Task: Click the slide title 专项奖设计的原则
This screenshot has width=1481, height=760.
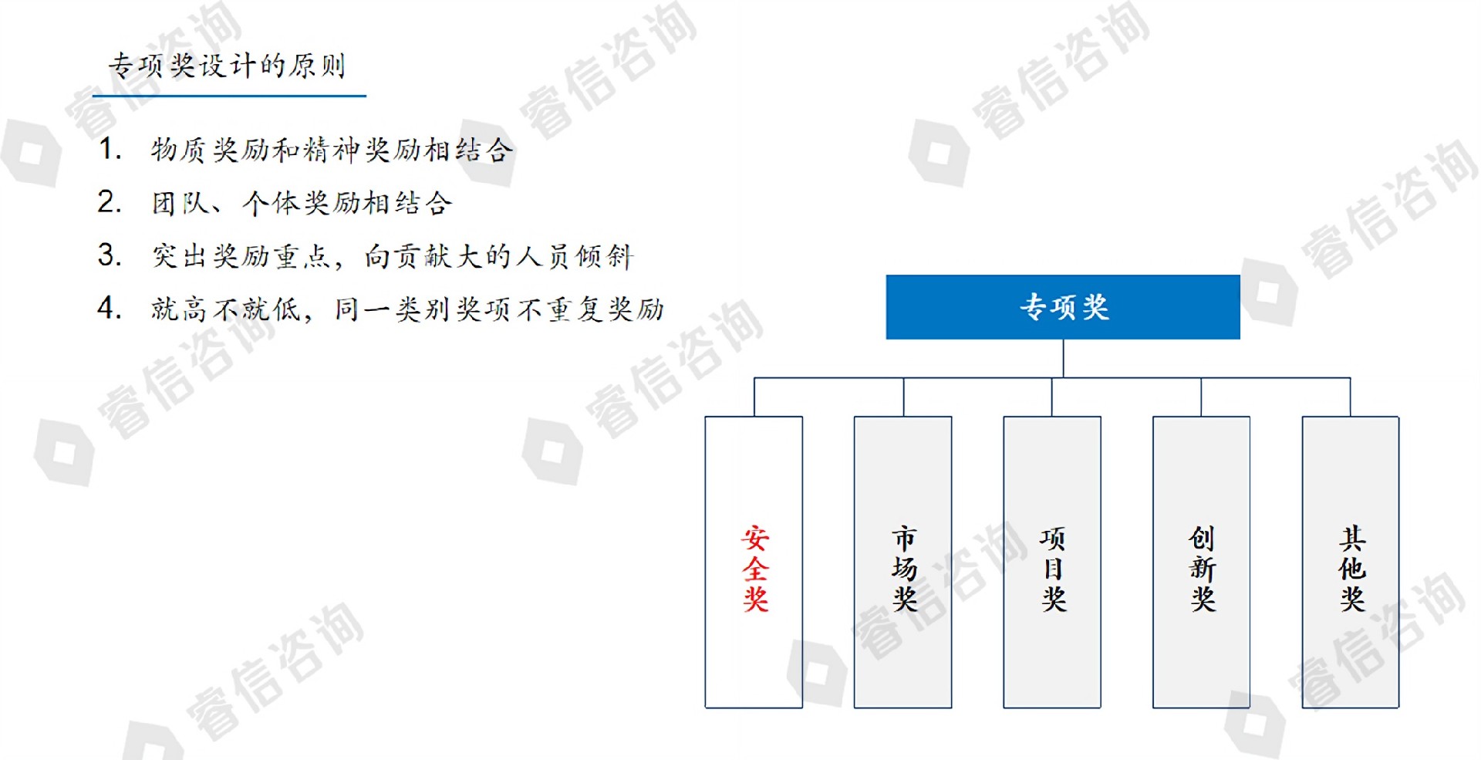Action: click(x=227, y=66)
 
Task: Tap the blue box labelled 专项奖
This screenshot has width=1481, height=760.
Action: click(x=1063, y=307)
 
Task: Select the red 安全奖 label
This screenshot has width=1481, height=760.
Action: click(x=755, y=569)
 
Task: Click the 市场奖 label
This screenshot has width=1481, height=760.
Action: click(x=904, y=569)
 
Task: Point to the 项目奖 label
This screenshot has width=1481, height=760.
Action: click(x=1053, y=569)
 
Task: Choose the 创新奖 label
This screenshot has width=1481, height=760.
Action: click(x=1202, y=569)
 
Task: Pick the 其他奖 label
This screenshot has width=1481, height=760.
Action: click(x=1351, y=569)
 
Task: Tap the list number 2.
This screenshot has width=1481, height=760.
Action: click(x=110, y=202)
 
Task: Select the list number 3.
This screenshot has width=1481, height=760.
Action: click(x=110, y=255)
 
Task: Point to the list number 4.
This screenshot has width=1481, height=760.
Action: click(x=110, y=308)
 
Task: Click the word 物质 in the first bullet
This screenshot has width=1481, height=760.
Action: click(x=180, y=150)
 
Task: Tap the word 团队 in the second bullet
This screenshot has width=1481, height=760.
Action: click(x=180, y=203)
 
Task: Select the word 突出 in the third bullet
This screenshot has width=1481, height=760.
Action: click(x=180, y=256)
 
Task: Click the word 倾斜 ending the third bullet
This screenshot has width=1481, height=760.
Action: click(x=605, y=256)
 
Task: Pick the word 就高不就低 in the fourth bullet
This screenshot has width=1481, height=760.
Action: click(x=225, y=309)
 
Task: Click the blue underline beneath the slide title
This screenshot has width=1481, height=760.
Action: click(x=229, y=96)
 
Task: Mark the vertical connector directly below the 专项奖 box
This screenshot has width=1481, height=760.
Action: click(x=1063, y=359)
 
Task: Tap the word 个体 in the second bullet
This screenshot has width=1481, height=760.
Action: click(x=271, y=203)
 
